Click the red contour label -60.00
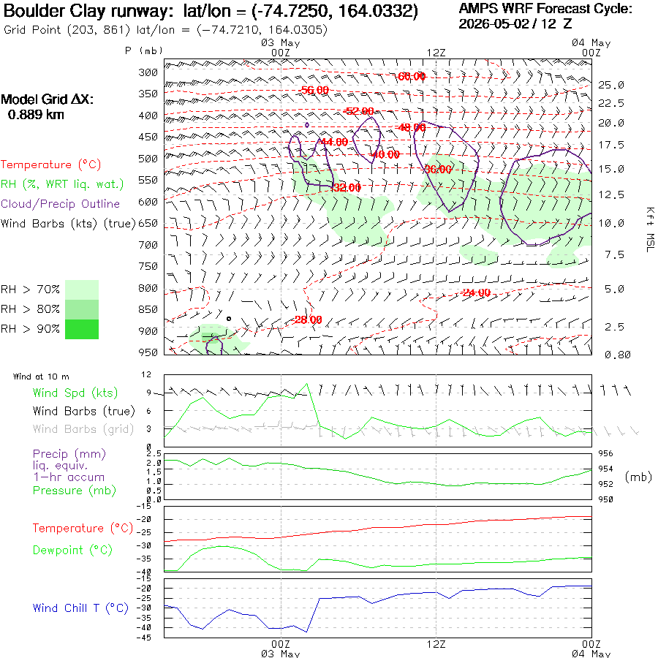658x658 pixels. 411,76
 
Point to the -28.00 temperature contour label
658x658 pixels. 308,319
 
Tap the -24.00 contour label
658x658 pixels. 476,292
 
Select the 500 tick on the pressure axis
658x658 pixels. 148,159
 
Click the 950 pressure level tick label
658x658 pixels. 148,352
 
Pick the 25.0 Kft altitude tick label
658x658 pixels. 611,86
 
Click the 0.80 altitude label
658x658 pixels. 617,355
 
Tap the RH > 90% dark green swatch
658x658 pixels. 82,329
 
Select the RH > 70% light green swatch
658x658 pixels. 82,290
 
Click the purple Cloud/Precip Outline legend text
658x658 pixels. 60,204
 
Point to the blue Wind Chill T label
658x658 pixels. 80,608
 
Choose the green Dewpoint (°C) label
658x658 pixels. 72,550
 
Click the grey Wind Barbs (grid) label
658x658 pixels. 83,429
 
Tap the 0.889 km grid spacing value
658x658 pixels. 36,115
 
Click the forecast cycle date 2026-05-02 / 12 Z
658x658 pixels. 515,23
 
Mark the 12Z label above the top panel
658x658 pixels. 436,53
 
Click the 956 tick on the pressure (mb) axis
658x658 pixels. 605,453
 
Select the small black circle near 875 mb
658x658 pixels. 229,319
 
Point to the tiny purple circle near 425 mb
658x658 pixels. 307,125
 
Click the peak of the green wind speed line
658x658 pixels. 307,384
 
